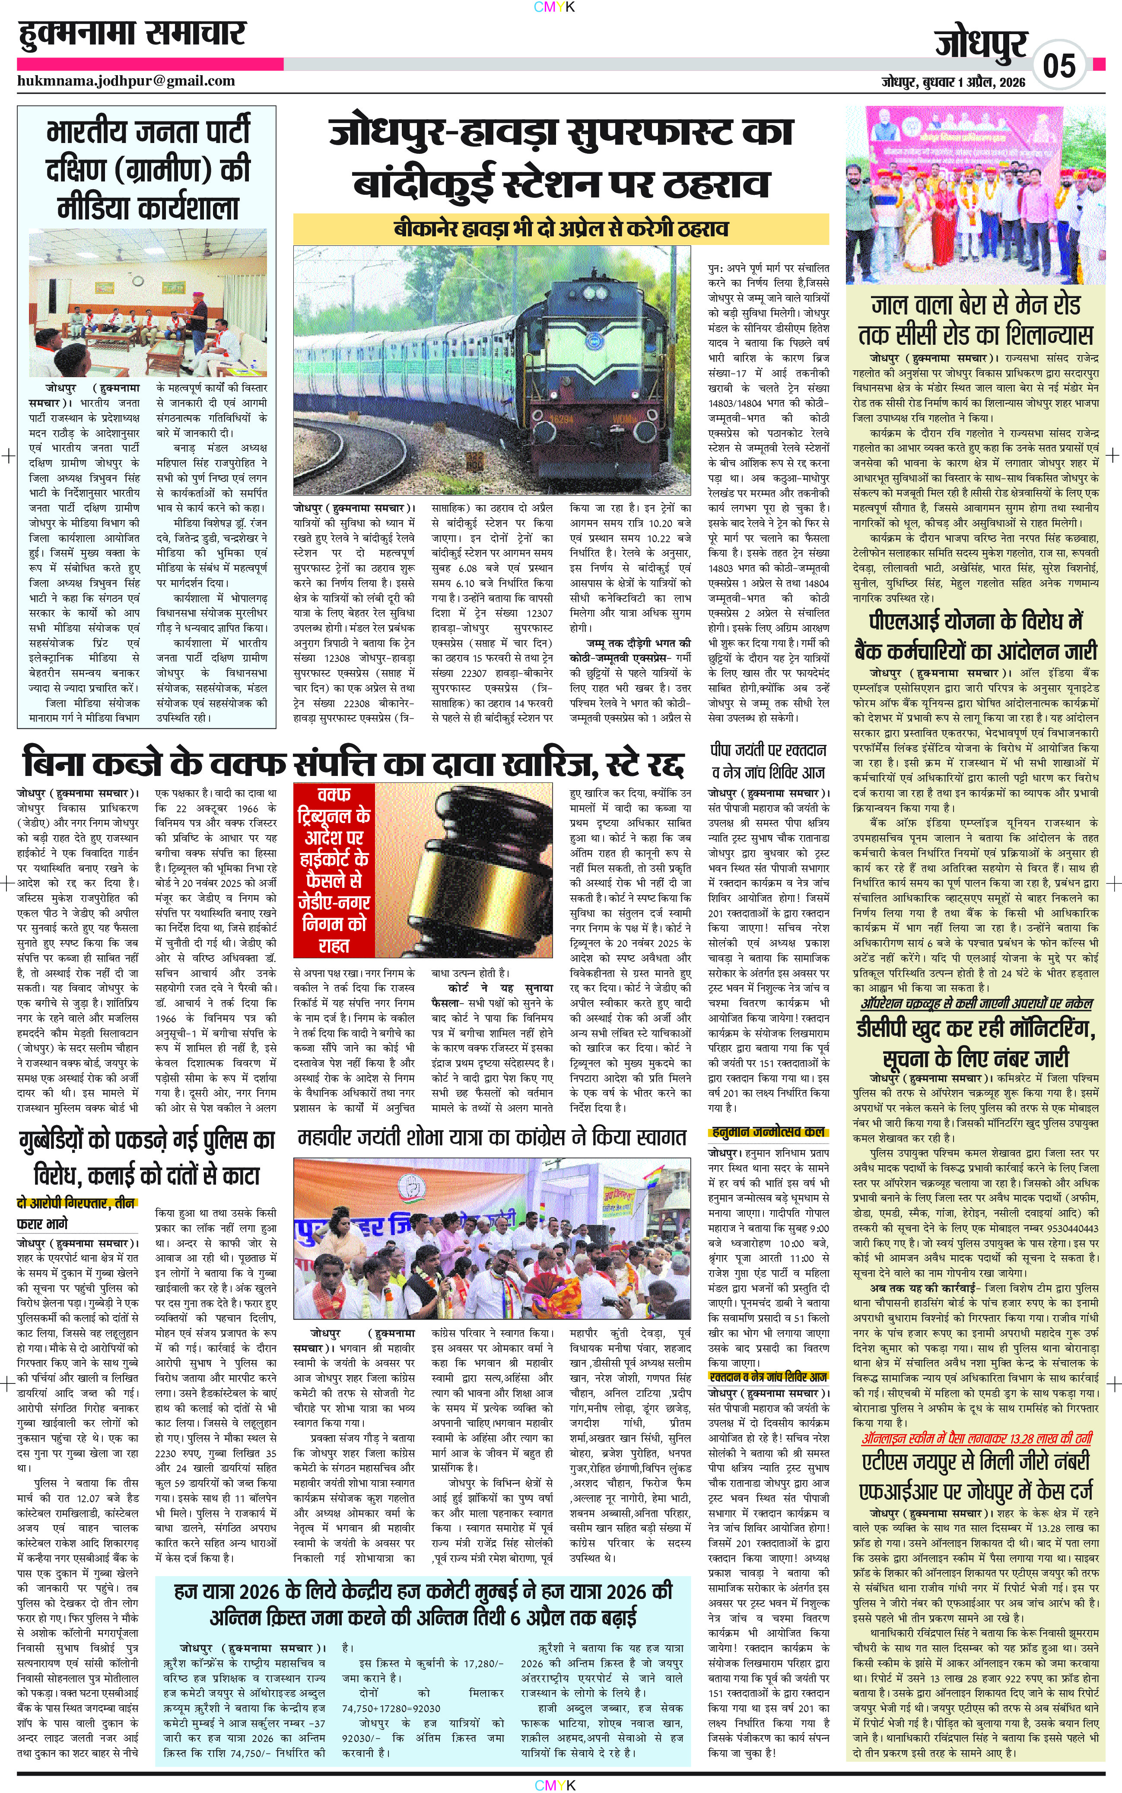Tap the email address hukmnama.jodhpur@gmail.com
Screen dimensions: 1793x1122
(x=126, y=81)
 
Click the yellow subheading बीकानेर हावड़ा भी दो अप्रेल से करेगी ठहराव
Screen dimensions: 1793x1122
(x=560, y=229)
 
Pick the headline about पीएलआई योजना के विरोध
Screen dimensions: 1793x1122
(x=975, y=636)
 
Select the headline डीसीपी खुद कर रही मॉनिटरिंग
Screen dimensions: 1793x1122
(x=975, y=1043)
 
